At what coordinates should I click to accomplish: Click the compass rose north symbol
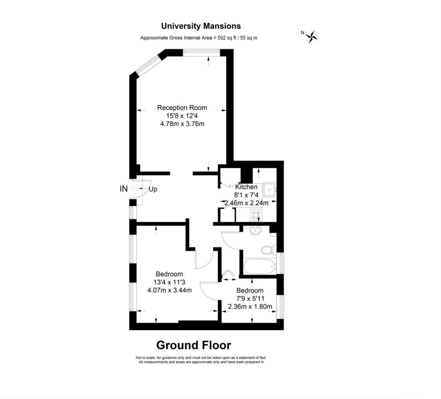pyautogui.click(x=311, y=37)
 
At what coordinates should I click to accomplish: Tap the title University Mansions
pyautogui.click(x=201, y=26)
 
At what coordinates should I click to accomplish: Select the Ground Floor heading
pyautogui.click(x=194, y=345)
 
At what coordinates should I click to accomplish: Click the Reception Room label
pyautogui.click(x=182, y=108)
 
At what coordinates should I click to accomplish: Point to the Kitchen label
pyautogui.click(x=247, y=187)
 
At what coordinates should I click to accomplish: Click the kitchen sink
pyautogui.click(x=269, y=190)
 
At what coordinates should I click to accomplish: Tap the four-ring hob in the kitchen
pyautogui.click(x=256, y=215)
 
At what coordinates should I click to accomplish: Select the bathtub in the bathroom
pyautogui.click(x=259, y=266)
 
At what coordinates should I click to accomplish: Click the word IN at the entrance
pyautogui.click(x=124, y=189)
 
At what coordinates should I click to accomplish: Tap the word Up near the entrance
pyautogui.click(x=153, y=189)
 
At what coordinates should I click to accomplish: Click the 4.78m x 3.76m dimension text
pyautogui.click(x=182, y=124)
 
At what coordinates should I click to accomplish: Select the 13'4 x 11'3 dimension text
pyautogui.click(x=169, y=282)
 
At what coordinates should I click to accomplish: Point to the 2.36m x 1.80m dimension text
pyautogui.click(x=250, y=306)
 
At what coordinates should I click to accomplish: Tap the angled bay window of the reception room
pyautogui.click(x=148, y=65)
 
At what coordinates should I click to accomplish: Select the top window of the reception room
pyautogui.click(x=201, y=53)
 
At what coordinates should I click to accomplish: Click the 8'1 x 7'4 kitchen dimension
pyautogui.click(x=247, y=195)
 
